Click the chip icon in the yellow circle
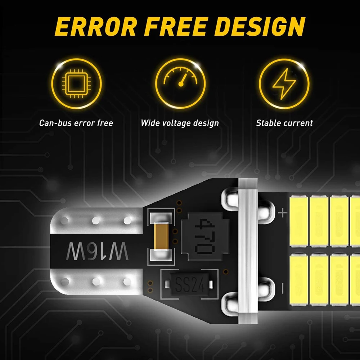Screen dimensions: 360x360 pos(76,84)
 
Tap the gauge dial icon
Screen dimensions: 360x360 pos(180,84)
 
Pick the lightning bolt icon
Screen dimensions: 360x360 pos(284,84)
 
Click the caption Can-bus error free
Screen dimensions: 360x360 pos(76,123)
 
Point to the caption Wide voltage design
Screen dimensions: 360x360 pos(180,123)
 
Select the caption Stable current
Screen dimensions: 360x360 pos(284,123)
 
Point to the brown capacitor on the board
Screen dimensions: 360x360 pos(160,236)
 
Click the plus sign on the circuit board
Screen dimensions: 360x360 pos(283,213)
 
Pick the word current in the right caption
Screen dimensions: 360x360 pos(298,123)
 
